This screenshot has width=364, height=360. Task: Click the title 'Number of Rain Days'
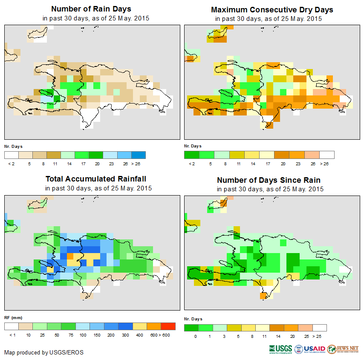click(91, 9)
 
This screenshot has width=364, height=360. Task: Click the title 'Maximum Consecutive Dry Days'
click(272, 9)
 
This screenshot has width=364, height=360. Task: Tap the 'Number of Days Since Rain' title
click(269, 180)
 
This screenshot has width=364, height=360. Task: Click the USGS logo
click(281, 349)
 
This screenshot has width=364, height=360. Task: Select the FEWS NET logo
click(344, 349)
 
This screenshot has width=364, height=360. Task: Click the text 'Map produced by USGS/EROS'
click(44, 352)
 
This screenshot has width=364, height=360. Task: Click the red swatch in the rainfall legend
click(168, 326)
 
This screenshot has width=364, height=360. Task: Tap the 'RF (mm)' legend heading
click(13, 317)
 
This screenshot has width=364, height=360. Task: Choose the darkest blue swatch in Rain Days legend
click(139, 155)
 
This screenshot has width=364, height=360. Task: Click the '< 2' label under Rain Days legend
click(12, 163)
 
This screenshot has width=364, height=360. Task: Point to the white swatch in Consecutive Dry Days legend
click(327, 155)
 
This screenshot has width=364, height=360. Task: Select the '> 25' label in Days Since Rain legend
click(319, 336)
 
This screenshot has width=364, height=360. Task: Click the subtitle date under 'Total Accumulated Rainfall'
click(98, 188)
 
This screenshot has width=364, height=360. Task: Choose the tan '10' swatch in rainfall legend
click(26, 326)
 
